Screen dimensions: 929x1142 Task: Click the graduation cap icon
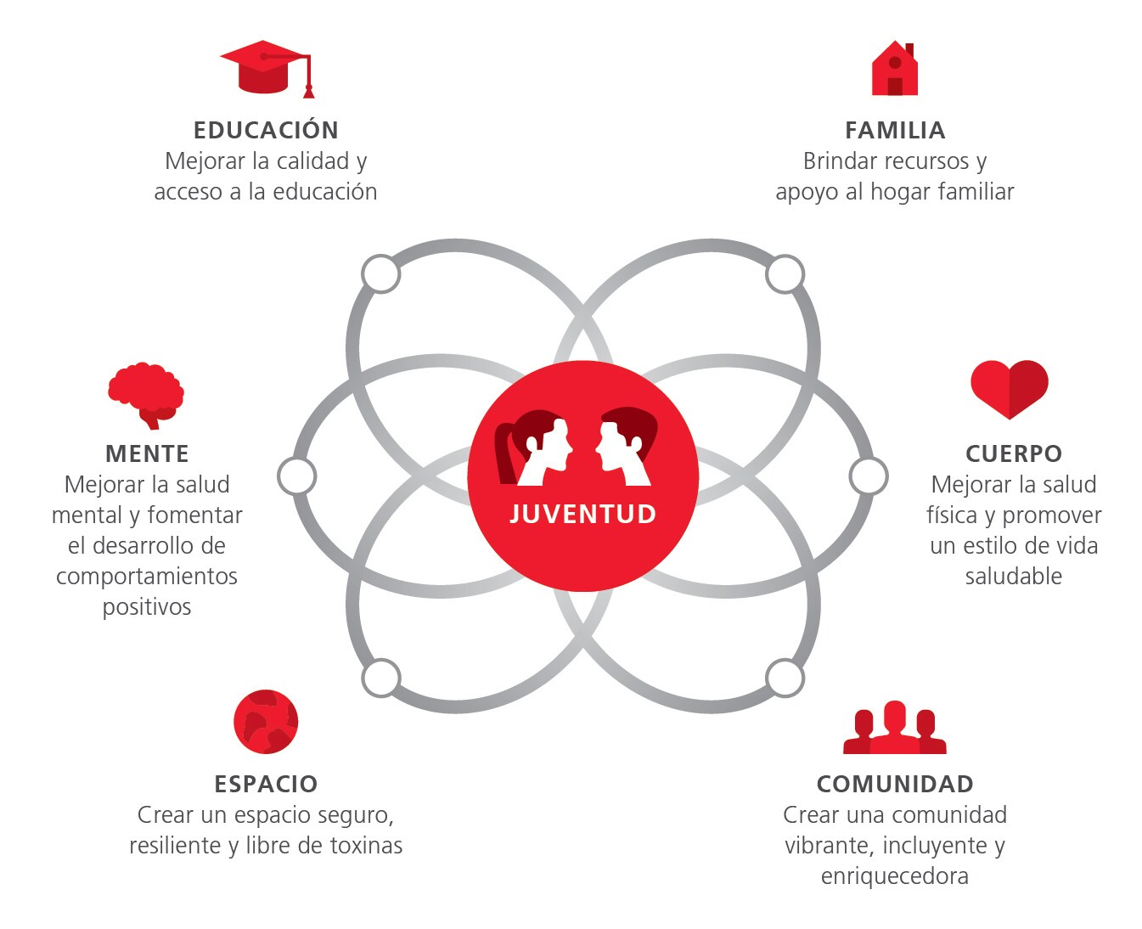265,67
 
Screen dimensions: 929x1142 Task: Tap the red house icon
894,70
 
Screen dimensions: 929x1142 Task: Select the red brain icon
146,394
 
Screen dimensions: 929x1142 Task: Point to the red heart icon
1010,388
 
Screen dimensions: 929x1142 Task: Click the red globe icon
266,722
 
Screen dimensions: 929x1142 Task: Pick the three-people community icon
894,728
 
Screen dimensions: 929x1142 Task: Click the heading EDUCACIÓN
266,130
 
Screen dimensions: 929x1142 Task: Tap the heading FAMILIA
895,130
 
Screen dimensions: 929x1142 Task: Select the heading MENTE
147,453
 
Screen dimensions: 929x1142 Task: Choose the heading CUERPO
1014,453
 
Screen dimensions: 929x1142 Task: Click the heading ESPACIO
266,784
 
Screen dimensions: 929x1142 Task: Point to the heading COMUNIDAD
895,784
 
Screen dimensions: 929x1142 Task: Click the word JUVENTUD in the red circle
582,514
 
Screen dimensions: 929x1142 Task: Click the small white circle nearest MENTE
297,476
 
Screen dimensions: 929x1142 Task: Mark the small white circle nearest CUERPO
869,476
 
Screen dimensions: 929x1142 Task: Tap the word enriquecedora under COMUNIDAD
894,876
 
